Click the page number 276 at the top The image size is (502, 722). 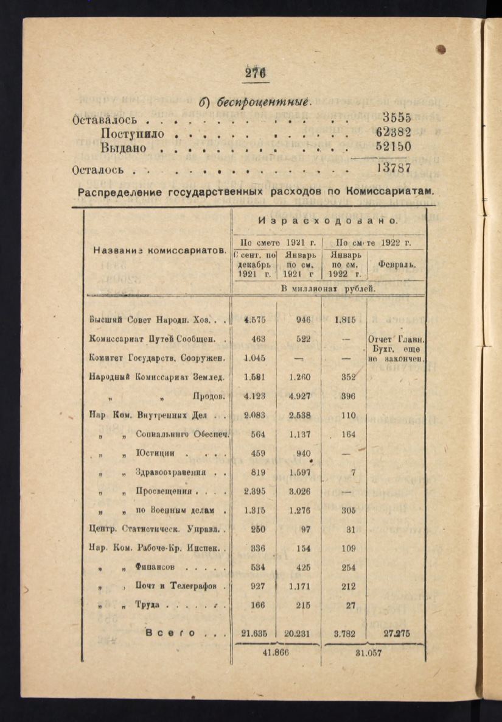(x=256, y=73)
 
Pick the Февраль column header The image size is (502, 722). (x=397, y=265)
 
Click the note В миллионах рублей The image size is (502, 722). (x=329, y=288)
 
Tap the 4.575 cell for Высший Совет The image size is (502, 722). (x=255, y=319)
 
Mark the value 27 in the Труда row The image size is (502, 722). (x=350, y=606)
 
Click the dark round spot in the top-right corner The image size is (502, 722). (x=441, y=49)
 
